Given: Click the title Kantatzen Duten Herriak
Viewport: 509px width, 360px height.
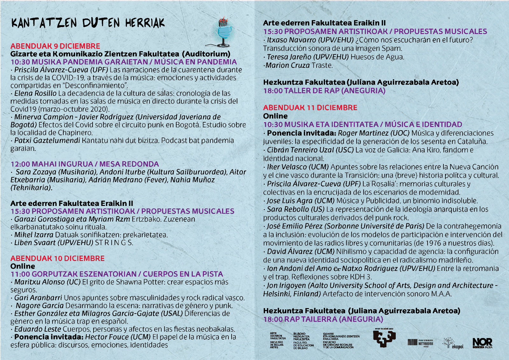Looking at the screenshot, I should click(88, 23).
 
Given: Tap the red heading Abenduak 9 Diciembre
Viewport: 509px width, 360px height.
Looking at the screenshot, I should click(55, 46).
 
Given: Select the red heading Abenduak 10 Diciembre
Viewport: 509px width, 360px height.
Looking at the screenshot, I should click(57, 258).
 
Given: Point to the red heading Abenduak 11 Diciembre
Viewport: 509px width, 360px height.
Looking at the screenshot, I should click(310, 108).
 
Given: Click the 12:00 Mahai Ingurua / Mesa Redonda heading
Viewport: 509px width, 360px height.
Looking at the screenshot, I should click(85, 164).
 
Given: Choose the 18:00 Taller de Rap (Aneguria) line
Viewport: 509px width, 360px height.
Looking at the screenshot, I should click(324, 91).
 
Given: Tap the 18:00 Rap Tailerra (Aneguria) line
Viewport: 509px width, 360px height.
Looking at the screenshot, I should click(323, 319).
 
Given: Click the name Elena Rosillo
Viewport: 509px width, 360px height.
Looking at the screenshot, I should click(35, 93).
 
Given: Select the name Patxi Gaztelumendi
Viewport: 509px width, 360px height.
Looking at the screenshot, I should click(47, 140).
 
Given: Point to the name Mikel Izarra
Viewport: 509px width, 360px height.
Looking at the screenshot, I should click(34, 235).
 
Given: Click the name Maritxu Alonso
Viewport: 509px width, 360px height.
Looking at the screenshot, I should click(39, 282).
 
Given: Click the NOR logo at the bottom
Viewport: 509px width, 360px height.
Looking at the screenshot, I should click(482, 343).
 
